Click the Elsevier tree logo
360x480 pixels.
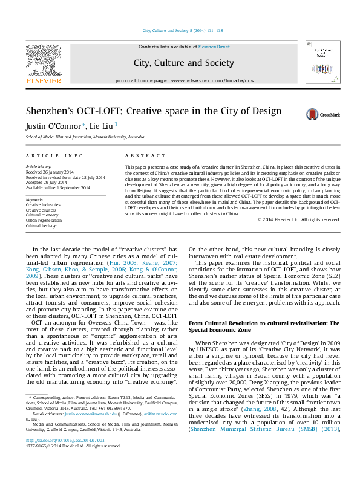pos(43,60)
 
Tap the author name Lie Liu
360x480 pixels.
pos(103,126)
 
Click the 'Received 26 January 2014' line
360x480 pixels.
pos(50,171)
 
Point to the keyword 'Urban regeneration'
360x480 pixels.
pos(44,220)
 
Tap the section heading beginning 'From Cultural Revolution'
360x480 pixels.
pos(265,323)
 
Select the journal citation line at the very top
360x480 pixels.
pos(182,30)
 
